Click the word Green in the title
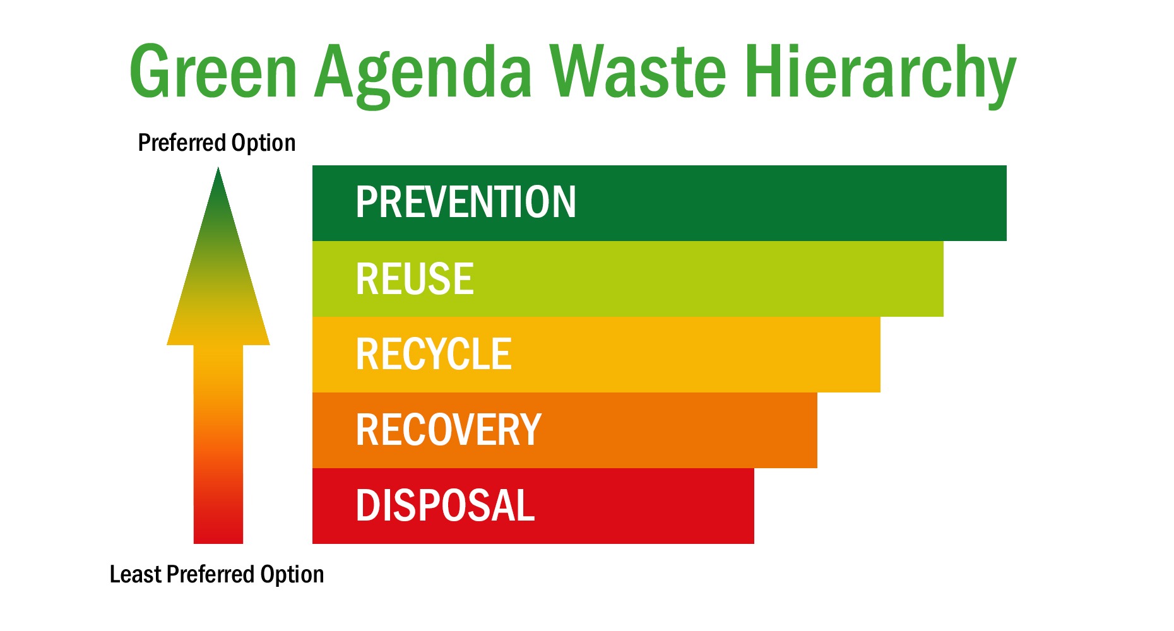[213, 71]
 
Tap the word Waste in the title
[638, 71]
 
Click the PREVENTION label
[466, 203]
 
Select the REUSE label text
[415, 278]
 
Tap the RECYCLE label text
[434, 354]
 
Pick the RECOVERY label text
[449, 430]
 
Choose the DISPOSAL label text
[446, 505]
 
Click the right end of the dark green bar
[1006, 203]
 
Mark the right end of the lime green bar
[943, 279]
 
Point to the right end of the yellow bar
[880, 355]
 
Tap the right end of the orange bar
[817, 430]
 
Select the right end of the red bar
[754, 506]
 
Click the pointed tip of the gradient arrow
[218, 168]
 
